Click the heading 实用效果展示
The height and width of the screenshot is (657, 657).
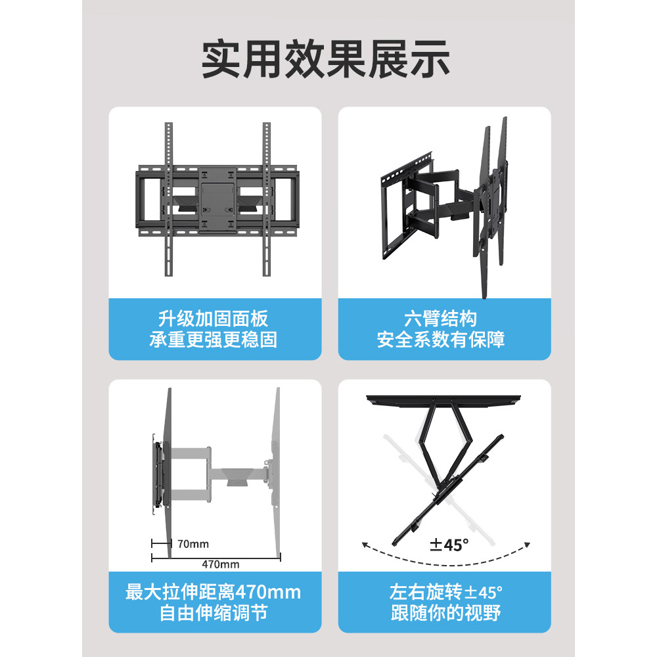coord(326,60)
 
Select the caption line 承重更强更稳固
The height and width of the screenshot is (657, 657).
coord(215,340)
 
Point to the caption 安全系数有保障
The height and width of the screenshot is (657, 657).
coord(441,340)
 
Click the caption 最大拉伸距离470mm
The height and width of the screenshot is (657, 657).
coord(214,593)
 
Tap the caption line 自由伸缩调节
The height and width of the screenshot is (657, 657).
coord(214,614)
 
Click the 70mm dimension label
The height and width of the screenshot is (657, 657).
coord(193,544)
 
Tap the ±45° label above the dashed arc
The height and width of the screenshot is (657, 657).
coord(449,545)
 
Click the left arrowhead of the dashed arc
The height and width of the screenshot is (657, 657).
coord(364,544)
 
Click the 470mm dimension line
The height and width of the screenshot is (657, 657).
coord(216,556)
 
